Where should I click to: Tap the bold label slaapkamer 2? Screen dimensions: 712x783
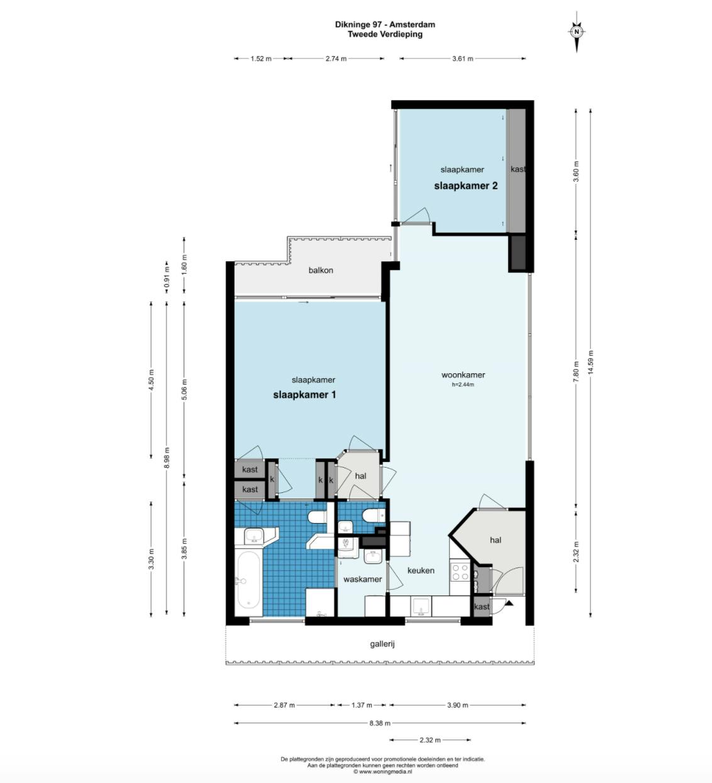466,186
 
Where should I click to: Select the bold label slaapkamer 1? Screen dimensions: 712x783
304,395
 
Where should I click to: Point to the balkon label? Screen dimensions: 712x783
321,270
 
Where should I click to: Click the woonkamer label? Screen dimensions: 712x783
463,375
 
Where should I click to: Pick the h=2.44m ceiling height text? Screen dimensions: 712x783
463,385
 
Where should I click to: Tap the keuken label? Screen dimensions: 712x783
421,570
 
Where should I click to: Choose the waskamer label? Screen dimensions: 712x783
362,579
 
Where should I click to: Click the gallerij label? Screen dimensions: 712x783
382,644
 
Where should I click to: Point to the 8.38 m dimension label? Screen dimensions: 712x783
380,723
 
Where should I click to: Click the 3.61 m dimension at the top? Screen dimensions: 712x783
463,59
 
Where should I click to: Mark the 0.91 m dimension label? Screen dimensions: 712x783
167,277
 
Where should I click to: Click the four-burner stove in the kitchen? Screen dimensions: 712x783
460,572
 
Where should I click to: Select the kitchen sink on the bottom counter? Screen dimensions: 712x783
421,607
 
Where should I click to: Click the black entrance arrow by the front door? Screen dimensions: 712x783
509,603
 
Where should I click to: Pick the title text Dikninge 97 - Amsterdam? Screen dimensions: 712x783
385,24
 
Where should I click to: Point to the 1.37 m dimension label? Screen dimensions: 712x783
362,705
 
